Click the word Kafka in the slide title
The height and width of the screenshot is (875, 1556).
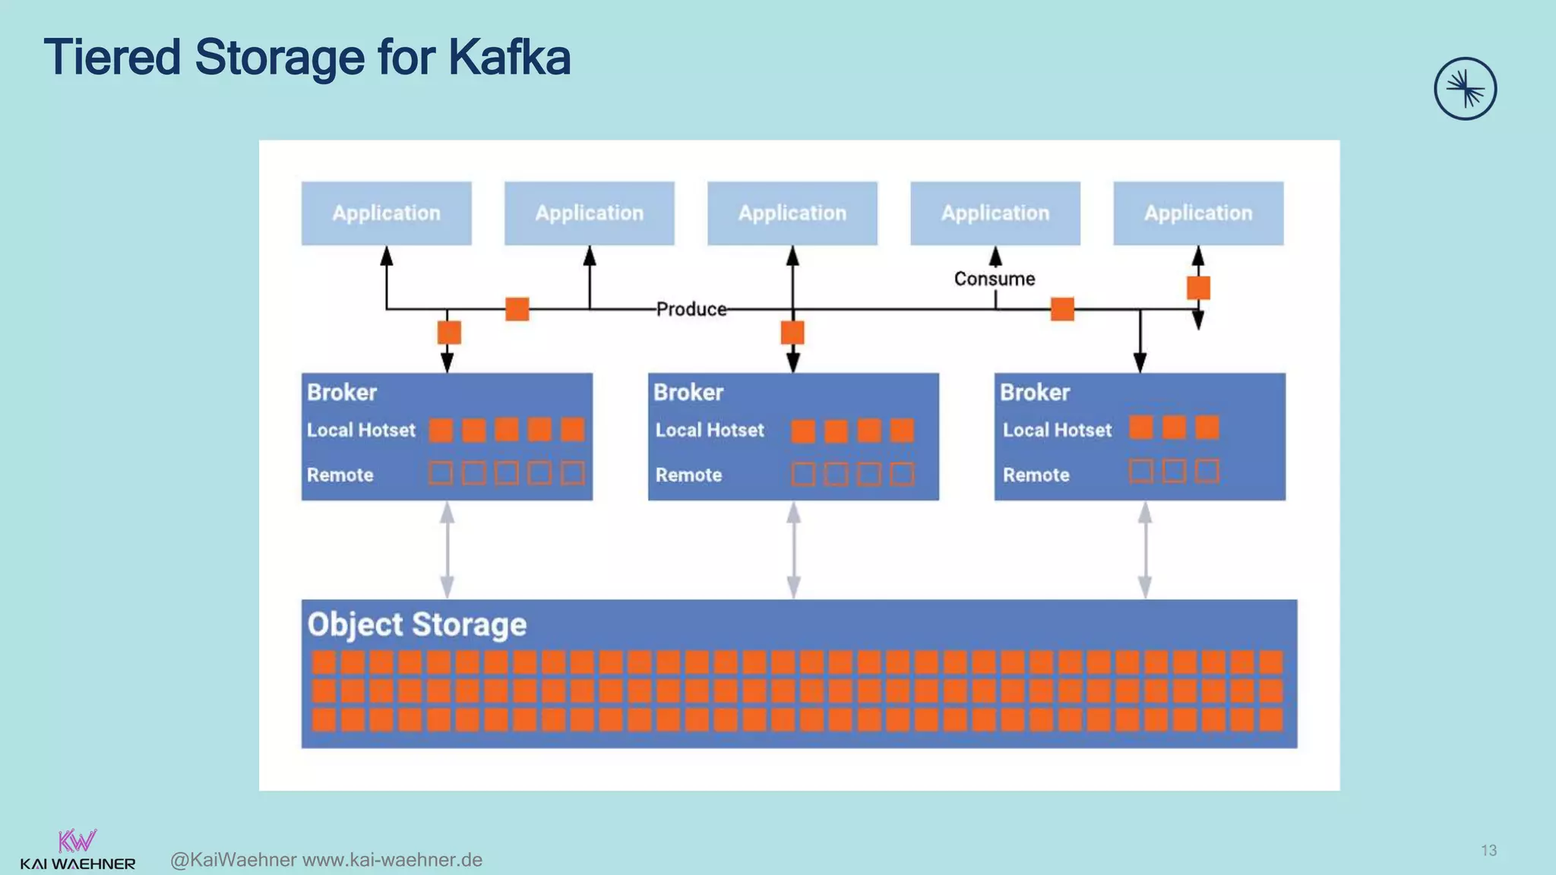click(508, 58)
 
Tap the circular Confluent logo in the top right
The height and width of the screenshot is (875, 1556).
click(1465, 89)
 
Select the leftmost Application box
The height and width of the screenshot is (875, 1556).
click(386, 213)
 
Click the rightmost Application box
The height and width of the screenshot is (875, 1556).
click(1198, 213)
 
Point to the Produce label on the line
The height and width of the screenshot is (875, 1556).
click(691, 309)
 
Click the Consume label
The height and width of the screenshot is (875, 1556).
click(994, 279)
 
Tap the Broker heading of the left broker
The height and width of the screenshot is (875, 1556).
click(342, 393)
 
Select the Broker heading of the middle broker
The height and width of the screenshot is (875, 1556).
click(688, 393)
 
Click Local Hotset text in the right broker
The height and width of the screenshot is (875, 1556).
click(1057, 431)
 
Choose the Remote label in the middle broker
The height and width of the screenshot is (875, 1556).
click(688, 475)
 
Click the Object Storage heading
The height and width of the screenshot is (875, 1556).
click(416, 625)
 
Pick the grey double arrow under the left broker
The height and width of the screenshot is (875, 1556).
click(448, 551)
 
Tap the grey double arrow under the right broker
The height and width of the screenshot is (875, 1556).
click(1144, 551)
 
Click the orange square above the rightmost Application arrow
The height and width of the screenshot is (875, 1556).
click(1198, 288)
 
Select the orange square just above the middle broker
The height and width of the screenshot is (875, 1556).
click(792, 333)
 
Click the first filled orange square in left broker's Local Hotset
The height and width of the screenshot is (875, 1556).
click(441, 430)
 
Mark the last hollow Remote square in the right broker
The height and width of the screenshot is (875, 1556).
click(1207, 472)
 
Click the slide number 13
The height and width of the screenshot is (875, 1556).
click(1488, 851)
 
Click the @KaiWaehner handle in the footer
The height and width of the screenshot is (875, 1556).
click(233, 860)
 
